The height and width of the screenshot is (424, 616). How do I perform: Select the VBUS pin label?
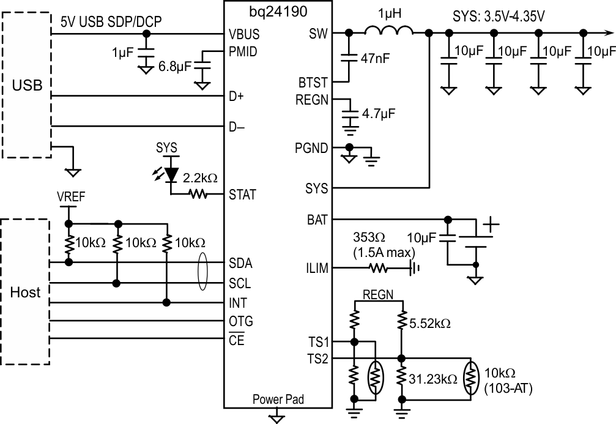[x=243, y=34]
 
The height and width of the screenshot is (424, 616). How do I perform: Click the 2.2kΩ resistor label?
[x=199, y=179]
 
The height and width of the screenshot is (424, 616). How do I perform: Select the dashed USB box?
[x=28, y=85]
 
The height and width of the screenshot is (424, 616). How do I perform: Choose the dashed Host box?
[x=26, y=292]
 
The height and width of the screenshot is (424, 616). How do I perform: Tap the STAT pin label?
[x=242, y=195]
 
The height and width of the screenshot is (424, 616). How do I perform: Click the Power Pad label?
[x=278, y=400]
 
